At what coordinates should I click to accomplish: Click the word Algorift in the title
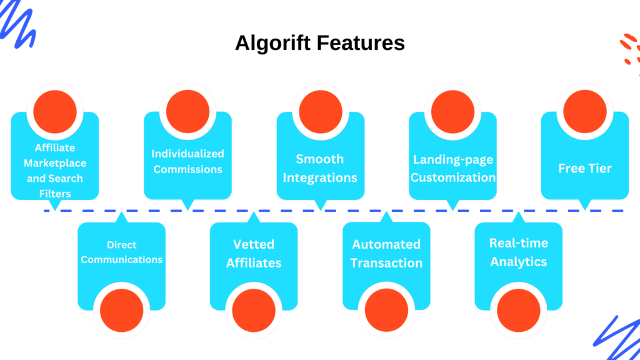272,43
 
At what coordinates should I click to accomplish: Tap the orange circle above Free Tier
585,111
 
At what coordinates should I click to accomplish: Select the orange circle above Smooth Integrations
321,111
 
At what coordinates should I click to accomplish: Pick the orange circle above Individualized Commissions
187,111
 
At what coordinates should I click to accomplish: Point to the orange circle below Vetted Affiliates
254,310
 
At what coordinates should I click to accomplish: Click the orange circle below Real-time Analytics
519,310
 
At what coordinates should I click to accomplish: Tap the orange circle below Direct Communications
122,310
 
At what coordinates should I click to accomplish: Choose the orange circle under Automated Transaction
386,310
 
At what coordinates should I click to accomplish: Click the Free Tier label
585,168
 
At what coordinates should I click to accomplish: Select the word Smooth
320,159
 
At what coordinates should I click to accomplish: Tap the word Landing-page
453,159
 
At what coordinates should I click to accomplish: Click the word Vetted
254,244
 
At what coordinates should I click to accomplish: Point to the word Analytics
519,262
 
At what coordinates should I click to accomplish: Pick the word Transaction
386,263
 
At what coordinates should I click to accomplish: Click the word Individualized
187,154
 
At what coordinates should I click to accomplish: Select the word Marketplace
55,163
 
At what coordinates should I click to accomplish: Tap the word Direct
122,245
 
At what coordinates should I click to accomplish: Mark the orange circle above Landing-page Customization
452,111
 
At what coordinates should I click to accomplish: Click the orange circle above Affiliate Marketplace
55,111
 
